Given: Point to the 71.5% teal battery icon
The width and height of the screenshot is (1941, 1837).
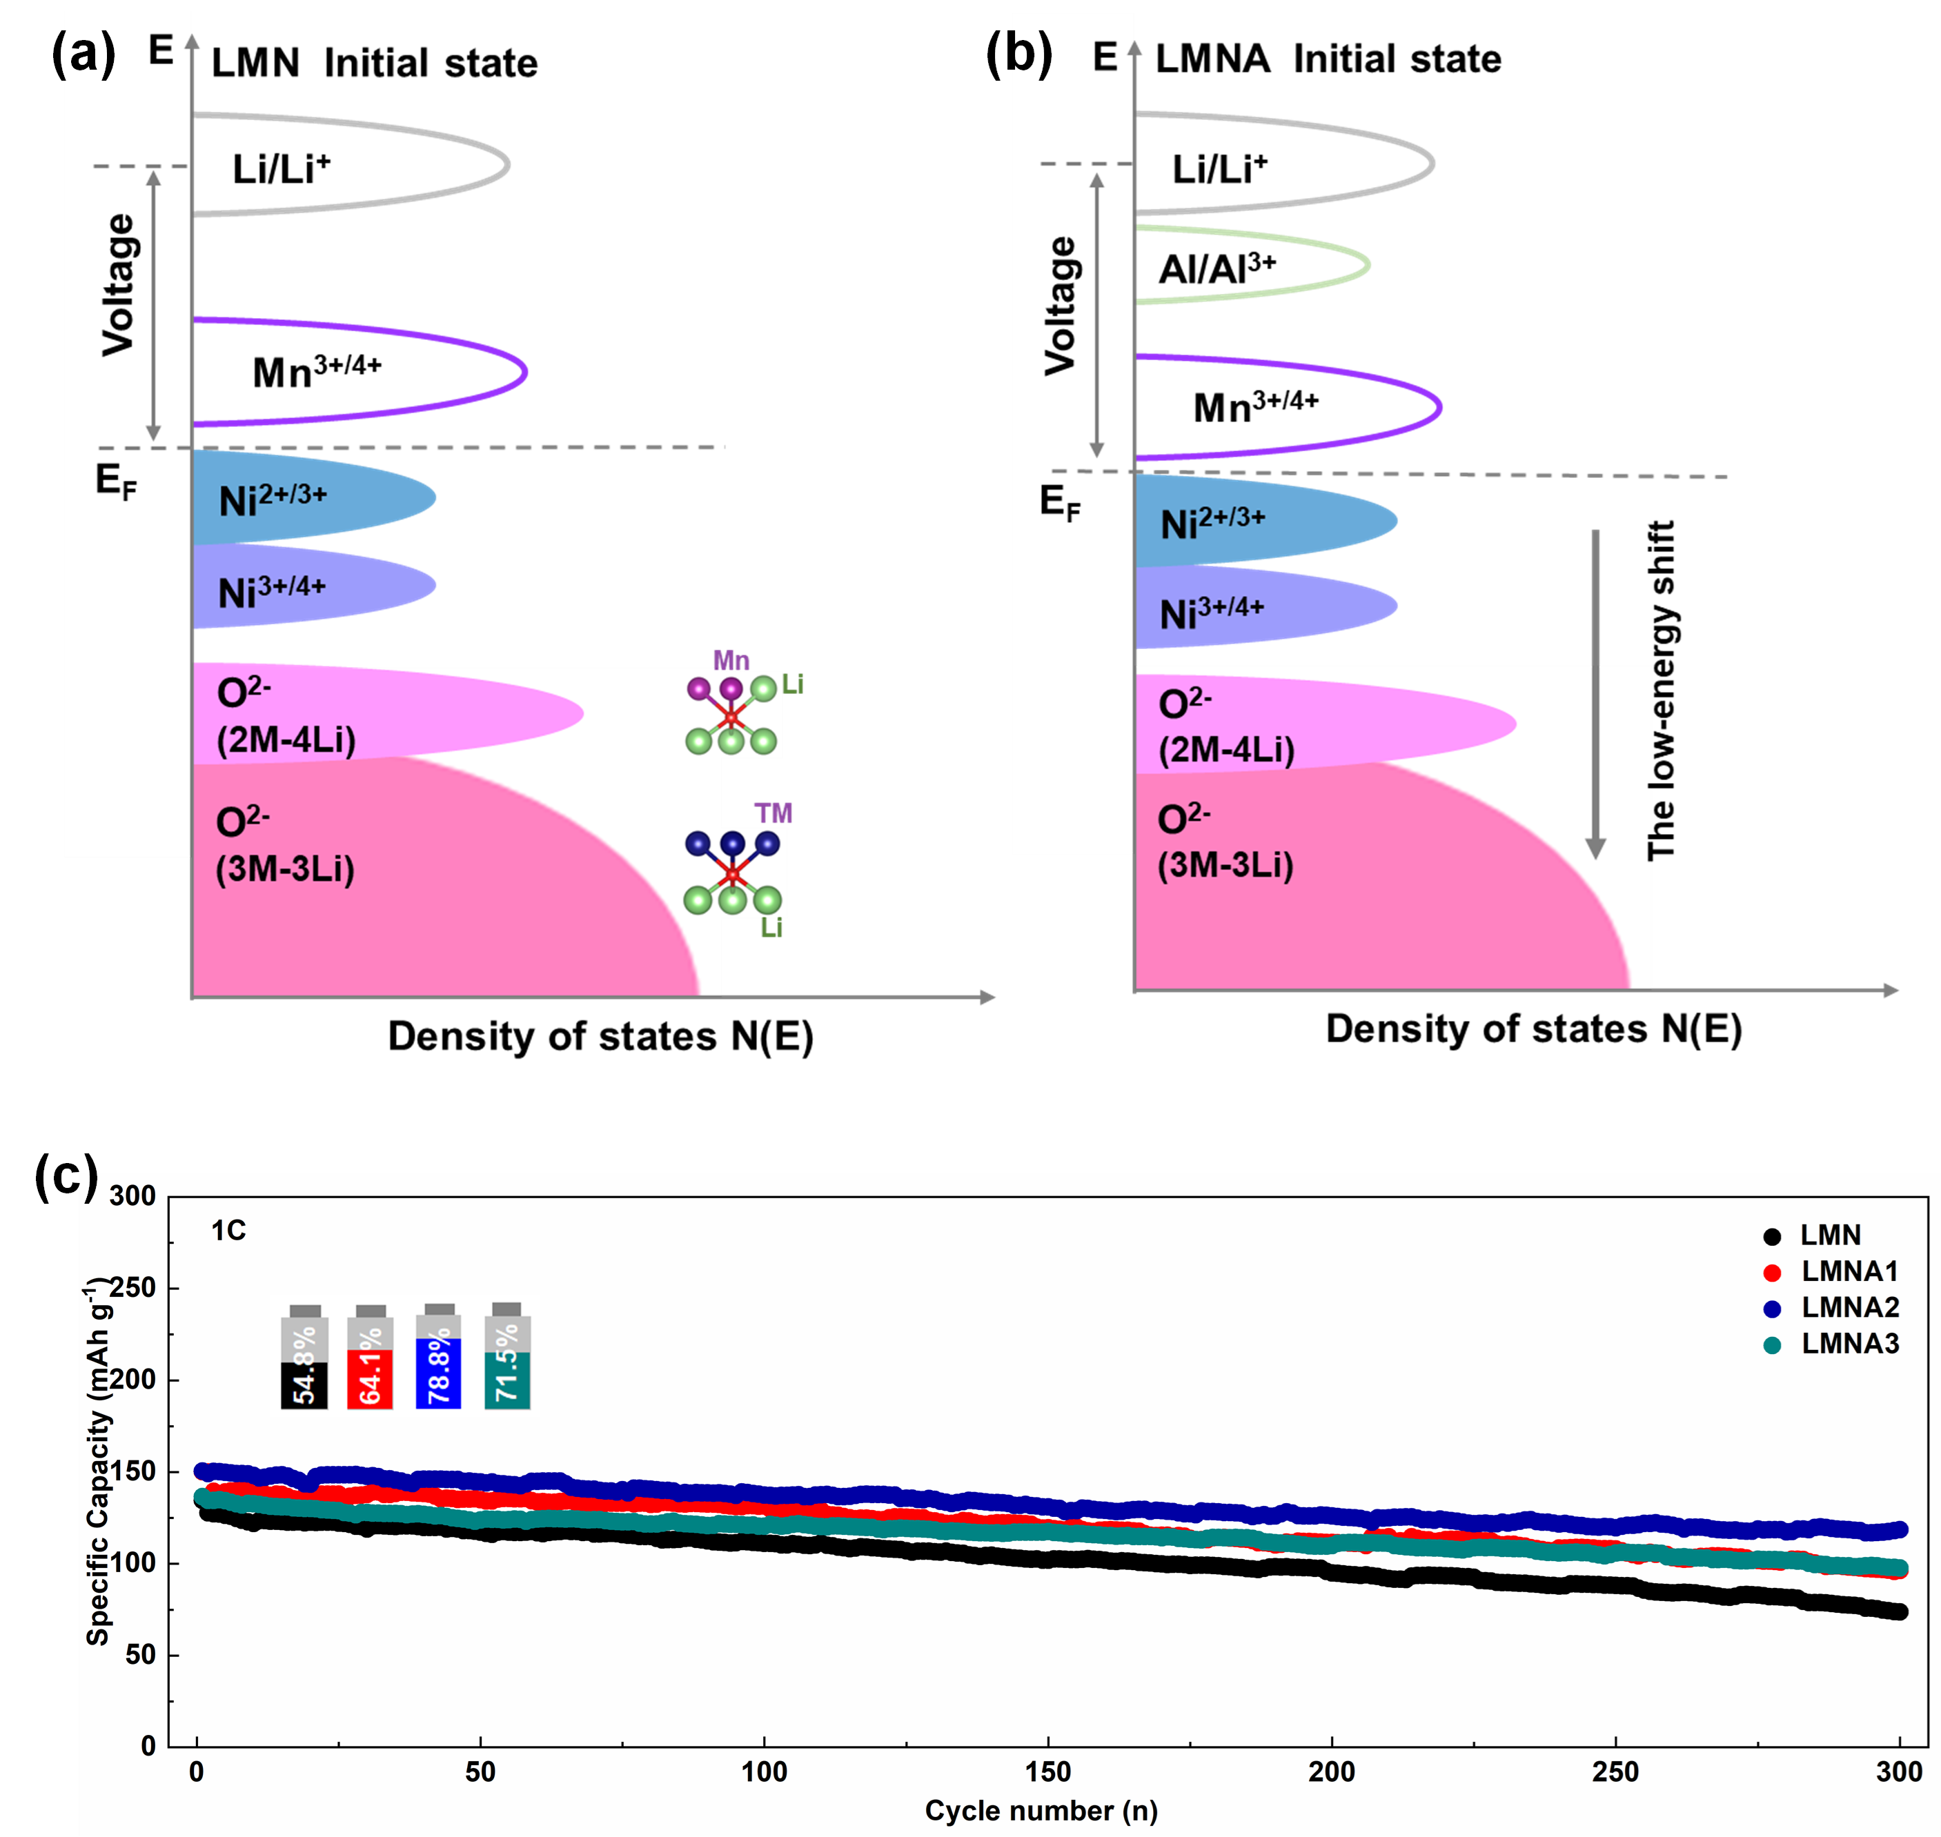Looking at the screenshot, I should tap(506, 1357).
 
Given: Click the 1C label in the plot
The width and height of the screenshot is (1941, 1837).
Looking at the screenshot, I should tap(228, 1231).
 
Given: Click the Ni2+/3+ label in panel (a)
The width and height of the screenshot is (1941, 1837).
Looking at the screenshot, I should tap(273, 499).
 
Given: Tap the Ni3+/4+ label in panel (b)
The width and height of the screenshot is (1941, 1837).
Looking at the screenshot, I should tap(1212, 612).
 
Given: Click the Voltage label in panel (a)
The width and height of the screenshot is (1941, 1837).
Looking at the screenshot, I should tap(119, 284).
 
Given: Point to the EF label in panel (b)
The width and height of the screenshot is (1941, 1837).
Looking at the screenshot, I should tap(1060, 504).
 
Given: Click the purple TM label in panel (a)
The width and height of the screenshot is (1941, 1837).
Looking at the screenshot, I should tap(773, 814).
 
